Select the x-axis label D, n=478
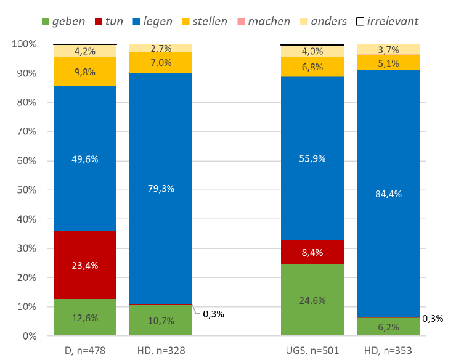click(x=84, y=350)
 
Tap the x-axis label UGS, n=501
click(x=312, y=350)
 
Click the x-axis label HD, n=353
click(x=388, y=350)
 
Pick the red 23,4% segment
click(x=85, y=265)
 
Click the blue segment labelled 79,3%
click(x=161, y=188)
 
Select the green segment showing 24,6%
click(x=312, y=300)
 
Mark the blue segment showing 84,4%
click(x=388, y=194)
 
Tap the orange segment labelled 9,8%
click(x=85, y=72)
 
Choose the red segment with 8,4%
click(x=312, y=252)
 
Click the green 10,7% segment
click(x=161, y=321)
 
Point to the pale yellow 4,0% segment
click(x=312, y=51)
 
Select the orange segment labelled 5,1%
click(x=388, y=62)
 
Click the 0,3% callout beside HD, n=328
click(x=213, y=314)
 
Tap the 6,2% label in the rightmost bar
click(x=388, y=327)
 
